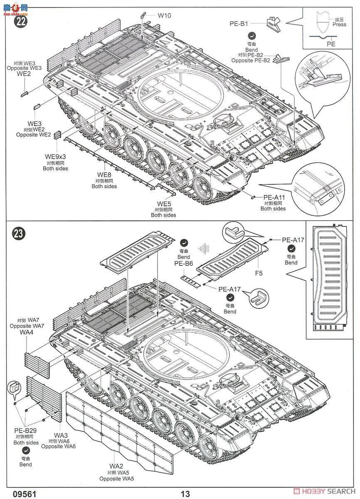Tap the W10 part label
[164, 15]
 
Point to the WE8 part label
[104, 174]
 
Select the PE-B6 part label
[183, 264]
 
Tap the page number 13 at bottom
[185, 494]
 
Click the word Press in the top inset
[339, 25]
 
